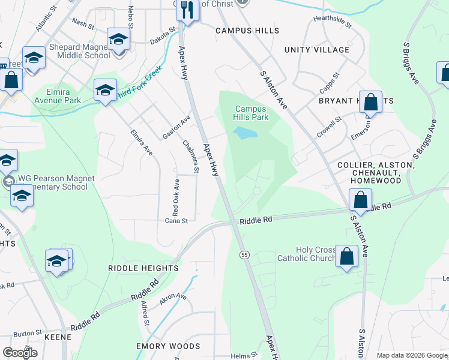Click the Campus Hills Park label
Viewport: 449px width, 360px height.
(x=251, y=113)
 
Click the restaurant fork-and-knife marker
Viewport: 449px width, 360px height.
(x=188, y=10)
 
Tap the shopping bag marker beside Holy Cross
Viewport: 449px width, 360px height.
(x=347, y=256)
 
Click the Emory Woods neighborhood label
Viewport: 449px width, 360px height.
(x=168, y=346)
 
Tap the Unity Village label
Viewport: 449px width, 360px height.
(x=316, y=50)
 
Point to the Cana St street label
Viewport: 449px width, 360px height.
(x=176, y=221)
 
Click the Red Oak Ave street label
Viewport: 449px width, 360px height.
(x=176, y=197)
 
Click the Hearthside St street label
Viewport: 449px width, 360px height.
(x=332, y=20)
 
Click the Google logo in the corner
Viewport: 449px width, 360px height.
(x=20, y=353)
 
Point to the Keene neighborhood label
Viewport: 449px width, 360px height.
(x=58, y=337)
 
